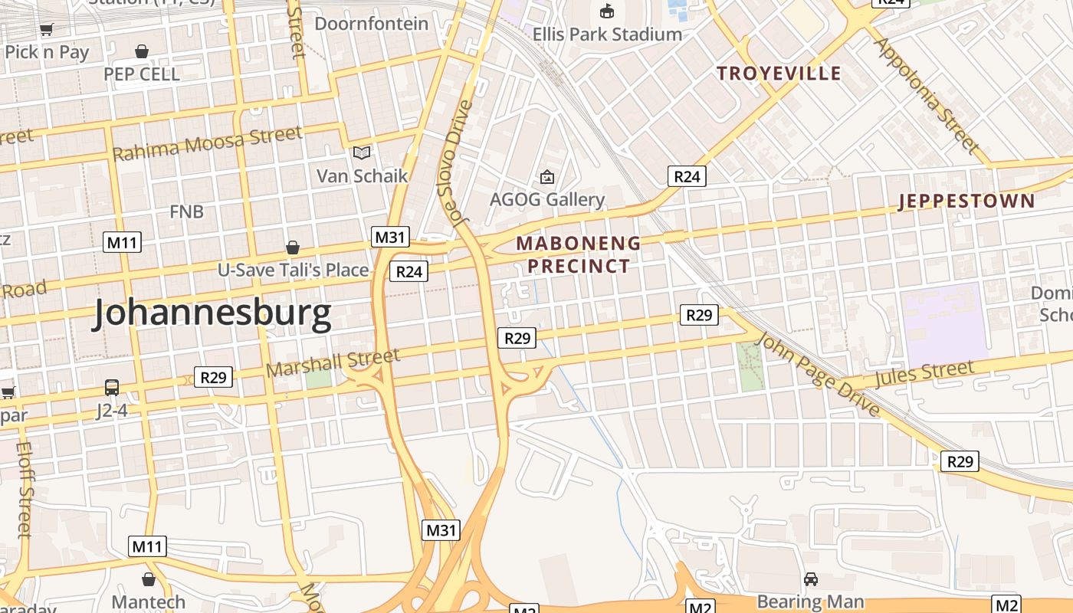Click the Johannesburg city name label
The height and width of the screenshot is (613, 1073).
[x=212, y=313]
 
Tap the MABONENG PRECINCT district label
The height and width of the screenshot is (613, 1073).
[x=578, y=254]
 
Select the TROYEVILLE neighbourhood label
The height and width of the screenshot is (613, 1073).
[x=779, y=74]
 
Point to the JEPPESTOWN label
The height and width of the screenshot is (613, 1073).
[x=966, y=202]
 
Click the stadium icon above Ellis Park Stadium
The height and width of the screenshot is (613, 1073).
[x=607, y=11]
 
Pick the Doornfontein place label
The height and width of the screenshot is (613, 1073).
[x=372, y=24]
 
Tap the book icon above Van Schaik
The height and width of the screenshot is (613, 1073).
[x=362, y=153]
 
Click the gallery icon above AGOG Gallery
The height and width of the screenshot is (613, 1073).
[x=547, y=178]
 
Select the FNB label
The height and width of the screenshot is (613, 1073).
[x=187, y=211]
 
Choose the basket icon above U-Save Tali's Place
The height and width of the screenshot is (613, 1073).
[x=293, y=247]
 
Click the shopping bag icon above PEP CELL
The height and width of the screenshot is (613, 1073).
[x=142, y=51]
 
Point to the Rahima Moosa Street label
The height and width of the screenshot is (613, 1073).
[x=207, y=143]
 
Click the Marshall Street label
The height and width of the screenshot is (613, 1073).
[x=333, y=362]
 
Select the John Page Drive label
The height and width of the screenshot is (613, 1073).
[x=818, y=375]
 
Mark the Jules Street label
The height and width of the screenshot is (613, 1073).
[x=924, y=374]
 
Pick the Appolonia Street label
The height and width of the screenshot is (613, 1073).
[x=926, y=95]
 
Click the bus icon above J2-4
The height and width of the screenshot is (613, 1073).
[x=112, y=388]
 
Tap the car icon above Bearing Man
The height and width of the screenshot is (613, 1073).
[x=811, y=579]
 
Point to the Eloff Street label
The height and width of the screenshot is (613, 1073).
[x=23, y=488]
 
